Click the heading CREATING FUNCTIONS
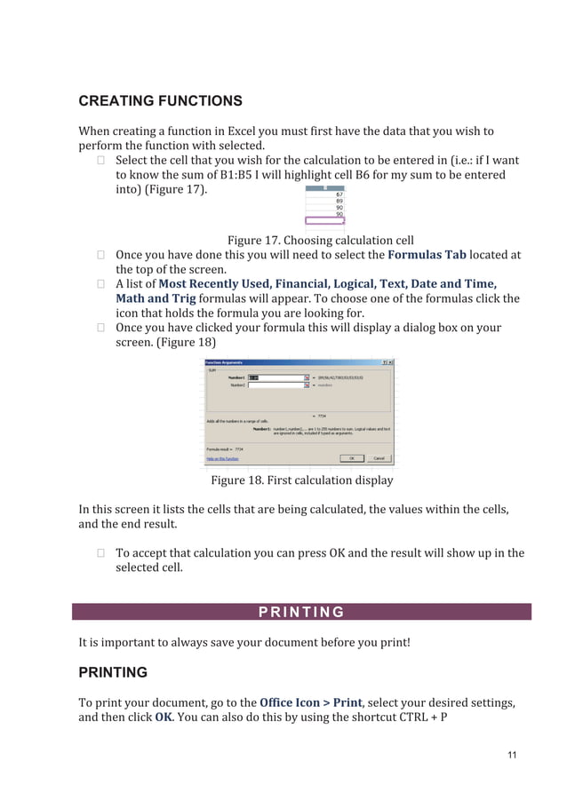(x=160, y=100)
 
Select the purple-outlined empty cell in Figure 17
(x=325, y=221)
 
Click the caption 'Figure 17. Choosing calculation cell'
(x=320, y=240)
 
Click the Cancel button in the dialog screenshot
(x=379, y=458)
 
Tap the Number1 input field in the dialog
(x=276, y=377)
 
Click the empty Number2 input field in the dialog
(x=276, y=386)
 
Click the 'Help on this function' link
(x=223, y=459)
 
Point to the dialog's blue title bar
(x=293, y=362)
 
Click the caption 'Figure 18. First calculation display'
(x=301, y=480)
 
